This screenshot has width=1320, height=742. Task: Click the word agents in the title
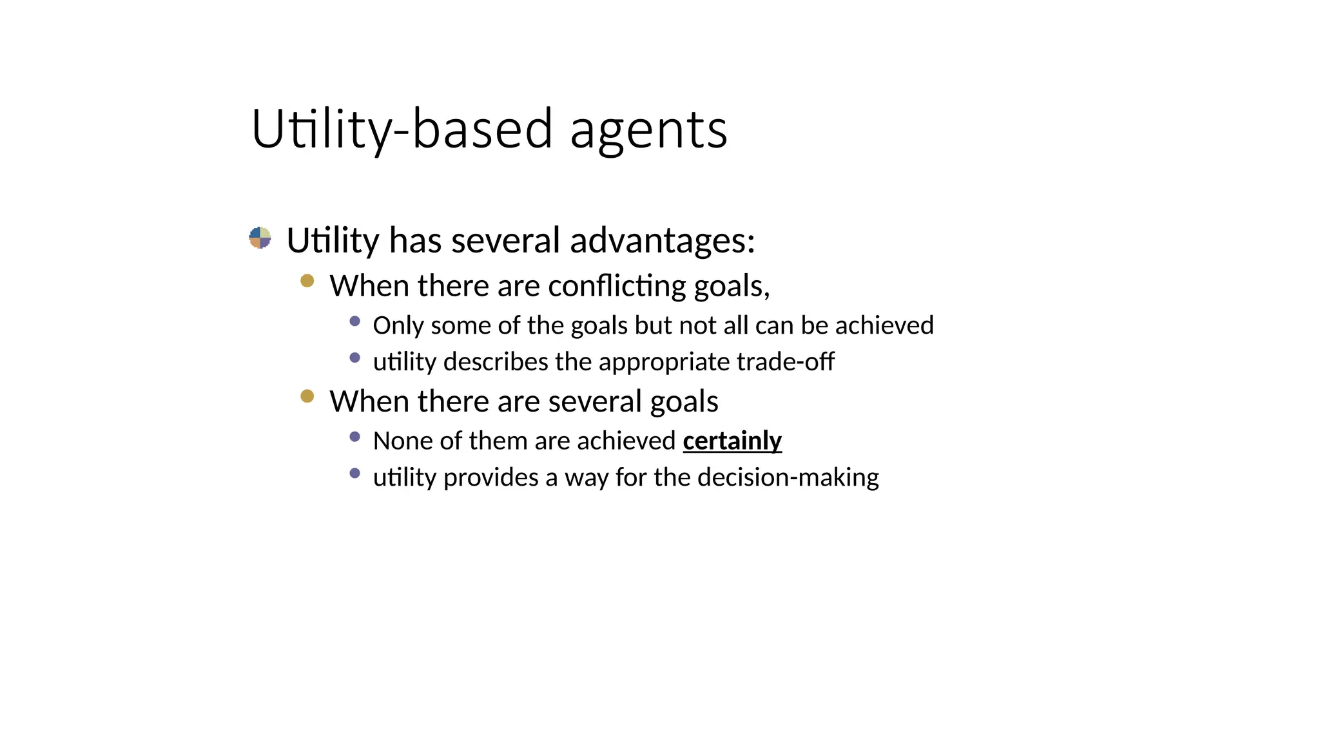click(x=648, y=131)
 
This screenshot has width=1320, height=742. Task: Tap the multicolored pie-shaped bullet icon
click(x=260, y=238)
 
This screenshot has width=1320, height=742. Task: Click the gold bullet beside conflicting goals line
click(x=307, y=281)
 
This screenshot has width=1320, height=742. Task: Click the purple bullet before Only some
click(x=354, y=321)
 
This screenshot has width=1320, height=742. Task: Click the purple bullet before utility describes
click(x=354, y=357)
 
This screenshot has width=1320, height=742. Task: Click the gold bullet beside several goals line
click(x=307, y=396)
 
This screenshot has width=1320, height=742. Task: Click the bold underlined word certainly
click(x=732, y=441)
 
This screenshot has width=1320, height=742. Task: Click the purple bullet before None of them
click(x=354, y=437)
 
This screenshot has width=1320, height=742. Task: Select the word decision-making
click(x=788, y=478)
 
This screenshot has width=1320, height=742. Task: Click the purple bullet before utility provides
click(x=354, y=473)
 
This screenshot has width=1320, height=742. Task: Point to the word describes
click(x=496, y=362)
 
